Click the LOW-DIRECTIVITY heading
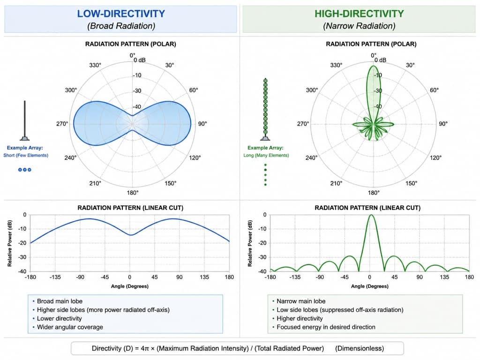tap(121, 14)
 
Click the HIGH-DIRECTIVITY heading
tap(360, 14)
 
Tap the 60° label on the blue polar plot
tap(194, 90)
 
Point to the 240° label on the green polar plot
tap(311, 157)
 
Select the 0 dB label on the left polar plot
tap(140, 60)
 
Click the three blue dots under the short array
tap(25, 170)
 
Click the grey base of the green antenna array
tap(265, 138)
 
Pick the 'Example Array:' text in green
tap(265, 148)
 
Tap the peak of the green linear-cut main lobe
tap(371, 215)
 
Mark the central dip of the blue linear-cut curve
tap(131, 235)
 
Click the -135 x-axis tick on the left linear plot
tap(55, 277)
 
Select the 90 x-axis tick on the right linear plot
tap(420, 277)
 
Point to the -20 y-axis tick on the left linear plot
tap(22, 243)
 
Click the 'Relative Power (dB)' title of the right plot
tap(250, 243)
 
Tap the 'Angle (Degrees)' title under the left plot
tap(130, 286)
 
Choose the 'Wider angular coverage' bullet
tap(70, 327)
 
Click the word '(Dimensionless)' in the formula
tap(360, 348)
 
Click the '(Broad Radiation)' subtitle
tap(121, 26)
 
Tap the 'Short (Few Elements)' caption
tap(26, 155)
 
